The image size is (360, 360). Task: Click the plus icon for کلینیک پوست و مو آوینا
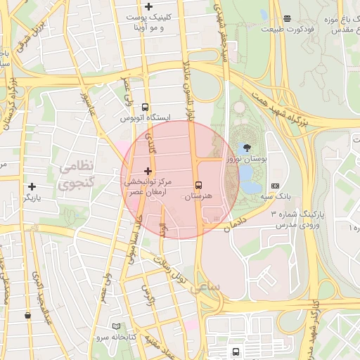(148, 6)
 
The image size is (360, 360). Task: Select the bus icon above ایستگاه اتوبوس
(145, 108)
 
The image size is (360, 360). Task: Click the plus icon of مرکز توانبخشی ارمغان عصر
(148, 171)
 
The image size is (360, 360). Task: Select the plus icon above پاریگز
(32, 186)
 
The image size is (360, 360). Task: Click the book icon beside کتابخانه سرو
(116, 327)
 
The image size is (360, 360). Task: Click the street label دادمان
(236, 222)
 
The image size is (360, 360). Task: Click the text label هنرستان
(198, 198)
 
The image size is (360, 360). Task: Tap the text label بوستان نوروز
(247, 160)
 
